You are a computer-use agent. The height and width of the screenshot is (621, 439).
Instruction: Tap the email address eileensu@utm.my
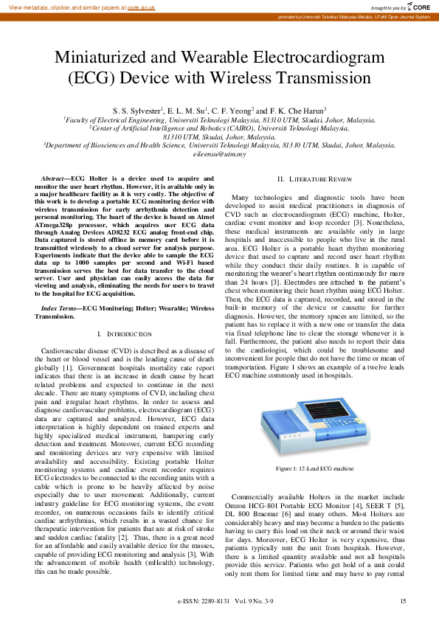click(219, 154)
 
